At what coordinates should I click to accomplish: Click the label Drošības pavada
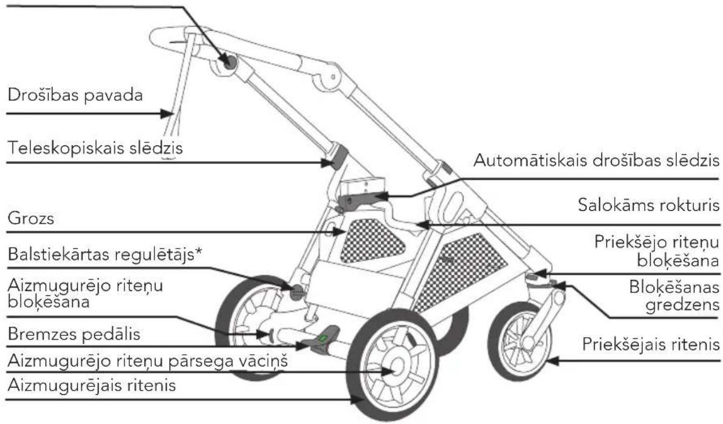tap(75, 95)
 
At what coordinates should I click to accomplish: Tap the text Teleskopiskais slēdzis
tap(95, 148)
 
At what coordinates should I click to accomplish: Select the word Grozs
tap(31, 217)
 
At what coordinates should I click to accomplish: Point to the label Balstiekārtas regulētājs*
tap(105, 254)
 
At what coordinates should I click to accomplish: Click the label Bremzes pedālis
tap(74, 333)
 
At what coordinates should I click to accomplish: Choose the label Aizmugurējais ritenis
tap(92, 385)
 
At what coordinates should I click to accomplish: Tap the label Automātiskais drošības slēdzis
tap(596, 160)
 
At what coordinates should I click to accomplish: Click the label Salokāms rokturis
tap(648, 204)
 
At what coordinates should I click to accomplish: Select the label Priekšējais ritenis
tap(651, 344)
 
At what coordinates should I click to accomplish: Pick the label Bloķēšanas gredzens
tap(674, 296)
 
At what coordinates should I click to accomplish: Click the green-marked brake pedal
tap(323, 339)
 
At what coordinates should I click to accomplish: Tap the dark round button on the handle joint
tap(228, 61)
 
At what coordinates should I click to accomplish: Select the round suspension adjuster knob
tap(298, 291)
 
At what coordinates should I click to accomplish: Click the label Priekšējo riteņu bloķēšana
tap(657, 251)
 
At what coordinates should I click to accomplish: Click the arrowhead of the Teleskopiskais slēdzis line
tap(326, 162)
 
